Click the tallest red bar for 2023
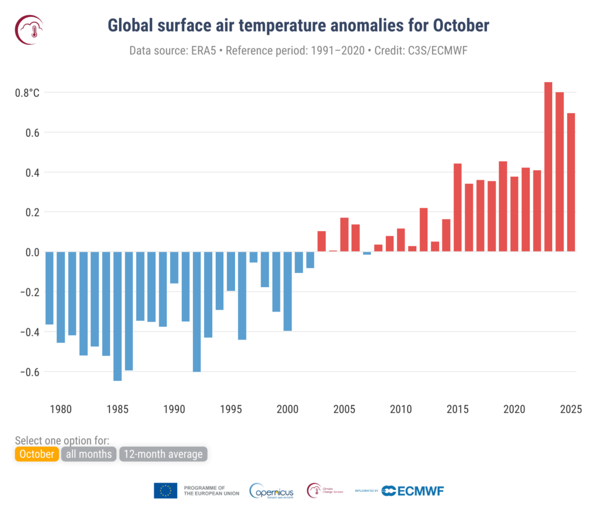click(x=548, y=167)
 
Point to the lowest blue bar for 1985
click(x=117, y=316)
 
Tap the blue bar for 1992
click(x=196, y=312)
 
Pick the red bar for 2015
click(x=458, y=208)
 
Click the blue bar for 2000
click(x=287, y=291)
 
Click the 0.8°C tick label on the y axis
click(x=27, y=93)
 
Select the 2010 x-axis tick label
click(x=401, y=408)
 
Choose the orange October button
click(x=37, y=454)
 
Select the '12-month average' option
click(x=163, y=454)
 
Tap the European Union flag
click(x=166, y=491)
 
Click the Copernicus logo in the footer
click(x=272, y=491)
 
